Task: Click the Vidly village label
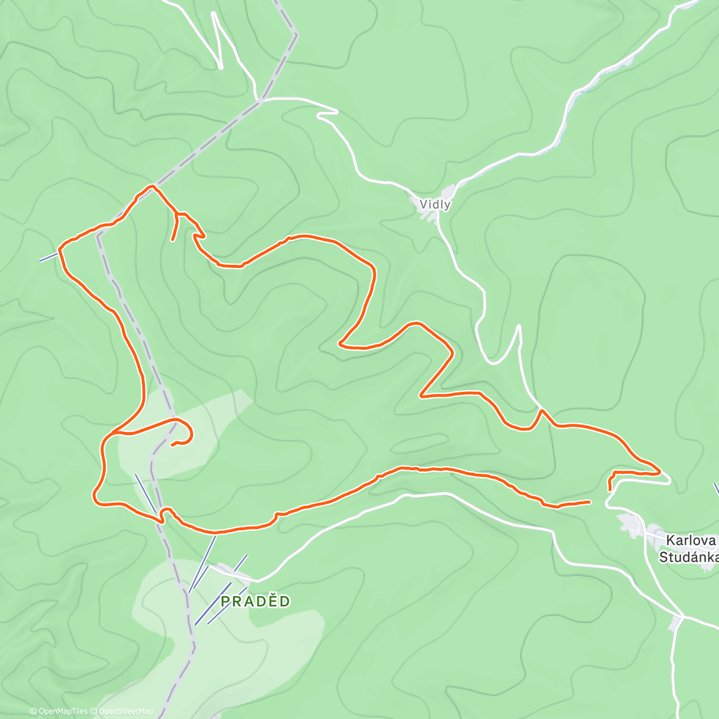point(435,204)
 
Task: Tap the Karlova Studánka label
point(688,549)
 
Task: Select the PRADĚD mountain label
point(256,602)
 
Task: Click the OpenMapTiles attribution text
point(63,711)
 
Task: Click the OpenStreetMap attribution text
point(126,711)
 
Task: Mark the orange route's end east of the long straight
point(590,502)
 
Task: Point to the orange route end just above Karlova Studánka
point(610,490)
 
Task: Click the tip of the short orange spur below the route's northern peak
point(173,240)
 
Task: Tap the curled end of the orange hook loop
point(173,445)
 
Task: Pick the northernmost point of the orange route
point(153,186)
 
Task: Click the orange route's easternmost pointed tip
point(660,472)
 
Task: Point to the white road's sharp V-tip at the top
point(220,67)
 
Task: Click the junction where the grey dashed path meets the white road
point(261,101)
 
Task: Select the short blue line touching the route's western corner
point(48,257)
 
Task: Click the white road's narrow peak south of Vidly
point(519,327)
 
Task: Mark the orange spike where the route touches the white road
point(542,410)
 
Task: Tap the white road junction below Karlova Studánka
point(682,615)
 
